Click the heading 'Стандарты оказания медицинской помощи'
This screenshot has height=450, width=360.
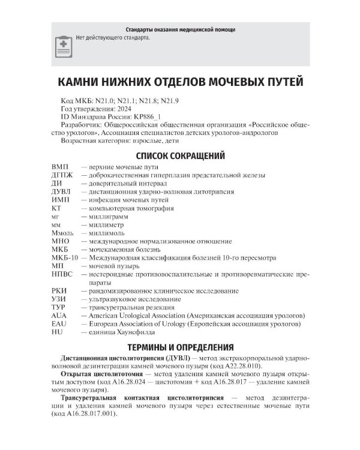[180, 29]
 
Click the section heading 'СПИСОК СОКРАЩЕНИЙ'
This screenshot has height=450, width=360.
[180, 156]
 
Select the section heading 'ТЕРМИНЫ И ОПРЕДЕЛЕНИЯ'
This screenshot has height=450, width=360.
[180, 347]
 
